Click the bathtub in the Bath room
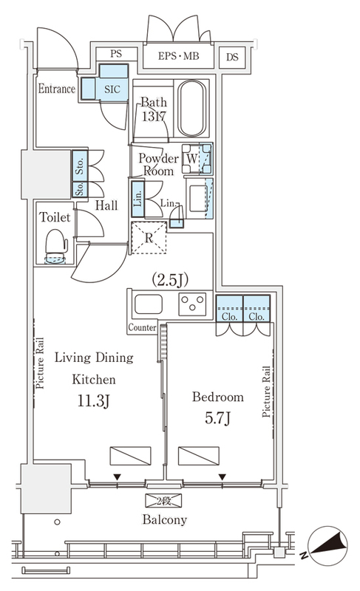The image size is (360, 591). click(192, 108)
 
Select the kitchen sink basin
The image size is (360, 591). click(149, 304)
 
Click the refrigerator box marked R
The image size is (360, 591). click(149, 238)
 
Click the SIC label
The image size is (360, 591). click(112, 89)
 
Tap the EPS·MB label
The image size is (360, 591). click(178, 56)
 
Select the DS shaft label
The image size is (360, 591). click(232, 58)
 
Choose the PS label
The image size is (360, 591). click(116, 54)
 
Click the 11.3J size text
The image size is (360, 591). click(93, 401)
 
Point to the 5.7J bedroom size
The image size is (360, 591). click(217, 418)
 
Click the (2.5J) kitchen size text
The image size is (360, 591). click(170, 280)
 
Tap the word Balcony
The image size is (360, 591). click(165, 520)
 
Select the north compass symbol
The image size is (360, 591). click(327, 546)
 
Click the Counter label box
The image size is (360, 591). click(142, 327)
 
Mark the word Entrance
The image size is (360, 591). click(57, 89)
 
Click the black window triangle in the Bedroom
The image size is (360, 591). click(223, 477)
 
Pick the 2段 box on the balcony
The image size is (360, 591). click(163, 501)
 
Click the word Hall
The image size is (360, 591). click(106, 205)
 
